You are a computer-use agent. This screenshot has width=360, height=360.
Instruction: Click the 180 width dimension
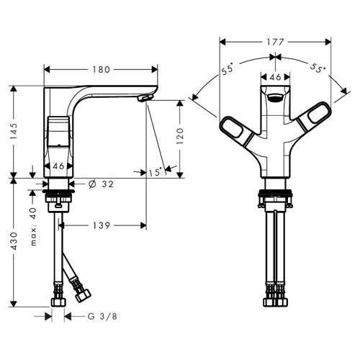coord(102,70)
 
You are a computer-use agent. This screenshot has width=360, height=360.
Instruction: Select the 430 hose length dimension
coord(14,241)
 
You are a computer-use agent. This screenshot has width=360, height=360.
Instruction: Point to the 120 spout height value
coord(180,136)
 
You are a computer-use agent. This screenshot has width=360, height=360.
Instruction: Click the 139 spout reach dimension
coord(102,225)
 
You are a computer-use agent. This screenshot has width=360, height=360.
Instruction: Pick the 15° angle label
coord(155,172)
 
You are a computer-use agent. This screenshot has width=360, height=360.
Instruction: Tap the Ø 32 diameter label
coord(101,184)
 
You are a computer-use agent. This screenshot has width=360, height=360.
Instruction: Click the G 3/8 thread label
coord(102,316)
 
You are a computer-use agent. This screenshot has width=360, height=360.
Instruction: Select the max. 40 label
coord(33,227)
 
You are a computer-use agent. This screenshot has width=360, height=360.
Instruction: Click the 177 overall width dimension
coord(275,42)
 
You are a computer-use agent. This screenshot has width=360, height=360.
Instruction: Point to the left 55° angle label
coord(227,69)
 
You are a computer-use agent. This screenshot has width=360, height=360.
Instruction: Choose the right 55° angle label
coord(318,68)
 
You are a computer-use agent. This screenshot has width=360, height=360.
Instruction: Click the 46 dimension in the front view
coord(275,77)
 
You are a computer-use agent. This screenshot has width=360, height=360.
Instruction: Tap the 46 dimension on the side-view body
coord(58,166)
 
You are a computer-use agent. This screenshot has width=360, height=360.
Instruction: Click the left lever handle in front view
coord(236,130)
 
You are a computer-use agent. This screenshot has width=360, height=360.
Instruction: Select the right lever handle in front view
coord(315,117)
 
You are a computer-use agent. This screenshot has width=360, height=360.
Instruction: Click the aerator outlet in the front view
coord(275,98)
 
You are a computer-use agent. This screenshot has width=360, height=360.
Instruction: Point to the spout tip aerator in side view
coord(145,98)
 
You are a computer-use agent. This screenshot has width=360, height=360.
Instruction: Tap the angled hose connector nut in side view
coord(83,295)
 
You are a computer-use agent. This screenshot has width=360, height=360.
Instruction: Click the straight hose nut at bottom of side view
coord(58,302)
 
